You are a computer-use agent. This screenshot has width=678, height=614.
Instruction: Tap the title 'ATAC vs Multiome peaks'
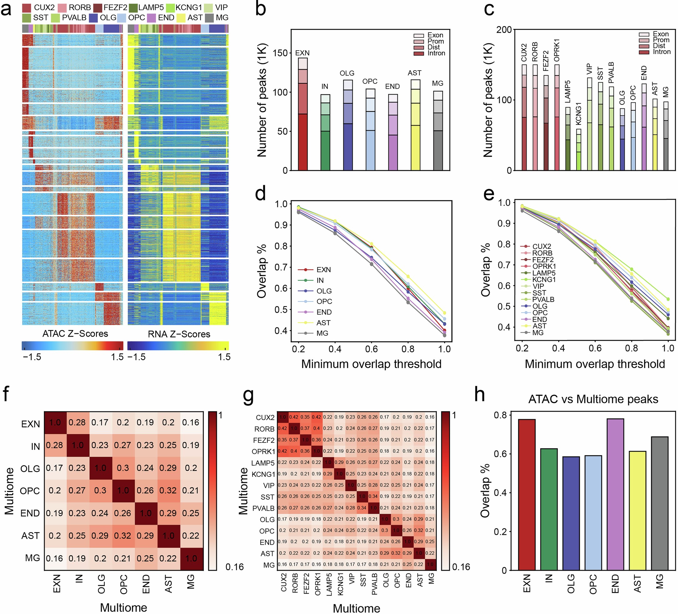pos(593,399)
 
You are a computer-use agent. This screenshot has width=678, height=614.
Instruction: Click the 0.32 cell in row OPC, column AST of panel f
pos(168,490)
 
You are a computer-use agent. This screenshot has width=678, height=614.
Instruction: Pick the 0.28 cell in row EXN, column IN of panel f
pos(77,422)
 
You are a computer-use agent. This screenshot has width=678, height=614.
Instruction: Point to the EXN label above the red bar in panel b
pos(302,53)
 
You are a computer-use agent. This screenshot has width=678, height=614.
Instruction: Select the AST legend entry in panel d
pos(323,323)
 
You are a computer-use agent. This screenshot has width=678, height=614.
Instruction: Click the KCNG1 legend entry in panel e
pos(544,280)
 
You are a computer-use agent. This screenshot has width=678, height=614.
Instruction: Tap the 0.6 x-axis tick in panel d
pos(371,349)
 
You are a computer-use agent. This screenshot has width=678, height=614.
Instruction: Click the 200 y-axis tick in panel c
pos(504,30)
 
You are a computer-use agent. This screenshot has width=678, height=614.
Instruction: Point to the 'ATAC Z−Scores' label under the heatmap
pos(75,334)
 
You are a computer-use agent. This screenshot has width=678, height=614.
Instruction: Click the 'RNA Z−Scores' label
pos(179,334)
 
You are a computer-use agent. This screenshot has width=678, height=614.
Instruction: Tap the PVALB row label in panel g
pos(263,508)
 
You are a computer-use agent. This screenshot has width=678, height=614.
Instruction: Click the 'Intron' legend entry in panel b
pos(436,53)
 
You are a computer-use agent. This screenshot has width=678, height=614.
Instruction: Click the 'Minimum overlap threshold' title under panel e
pos(595,364)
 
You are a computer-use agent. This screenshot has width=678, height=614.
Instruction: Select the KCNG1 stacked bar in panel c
pos(579,150)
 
